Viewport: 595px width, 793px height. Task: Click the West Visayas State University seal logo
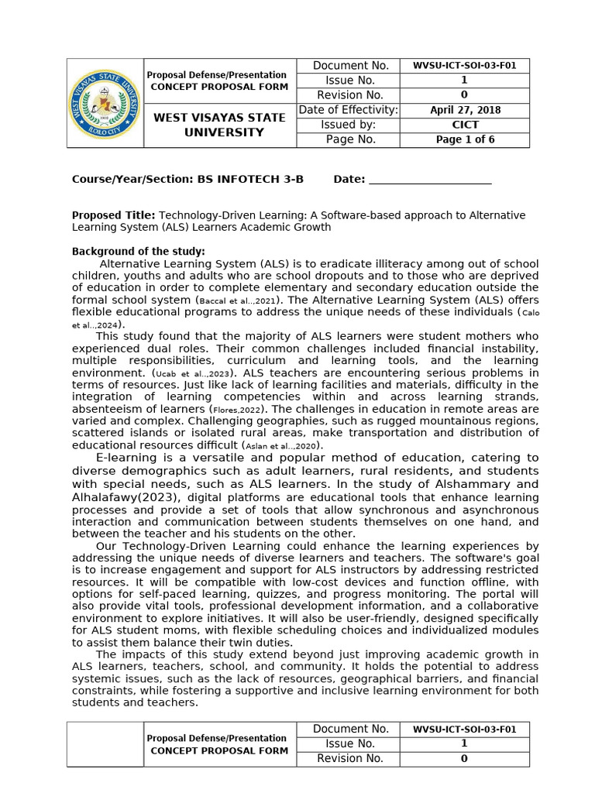[105, 103]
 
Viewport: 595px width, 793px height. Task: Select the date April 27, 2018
[465, 110]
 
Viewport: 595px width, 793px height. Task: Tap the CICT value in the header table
[465, 125]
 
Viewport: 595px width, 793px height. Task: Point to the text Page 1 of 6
[465, 139]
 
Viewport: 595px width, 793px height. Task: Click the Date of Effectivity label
[349, 110]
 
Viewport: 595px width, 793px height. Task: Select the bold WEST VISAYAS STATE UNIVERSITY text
[218, 125]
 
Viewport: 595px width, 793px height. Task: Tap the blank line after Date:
[430, 180]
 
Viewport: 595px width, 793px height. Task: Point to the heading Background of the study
[138, 252]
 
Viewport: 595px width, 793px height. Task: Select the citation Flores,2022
[238, 409]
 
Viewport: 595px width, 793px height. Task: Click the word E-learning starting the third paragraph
[125, 458]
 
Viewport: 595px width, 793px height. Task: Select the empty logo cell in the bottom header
[105, 743]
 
